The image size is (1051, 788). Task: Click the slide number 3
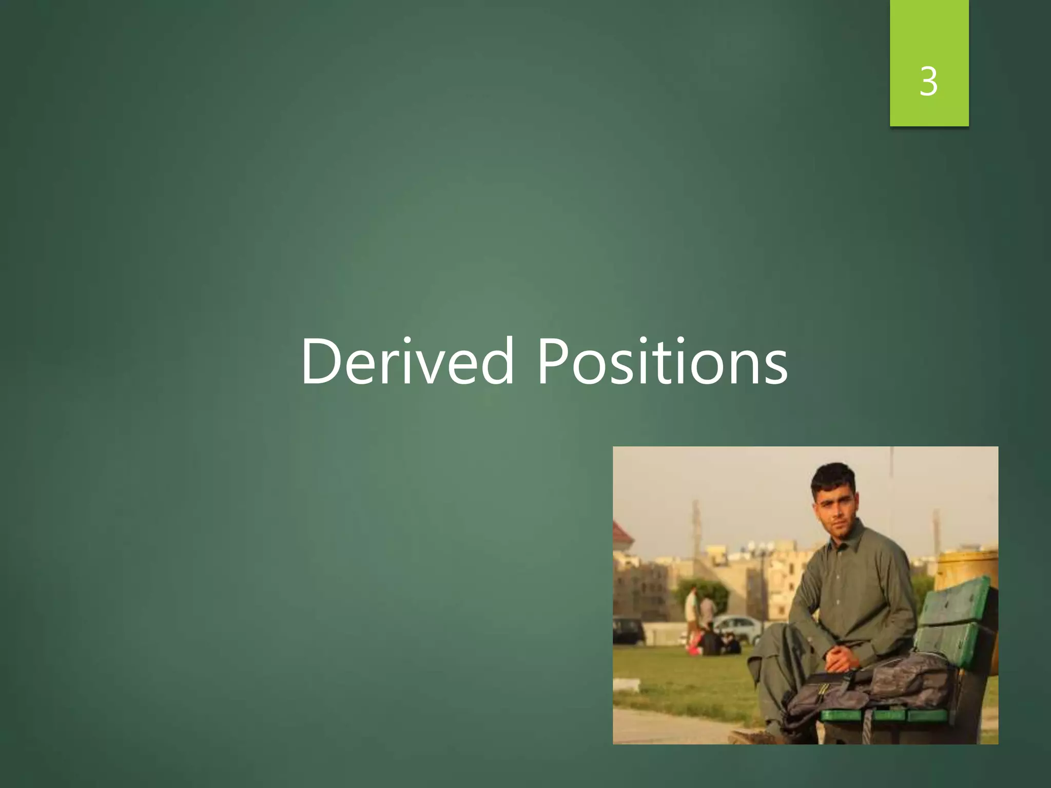coord(929,82)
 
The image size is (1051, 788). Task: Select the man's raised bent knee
coord(780,636)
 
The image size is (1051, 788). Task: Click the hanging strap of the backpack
coord(867,728)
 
